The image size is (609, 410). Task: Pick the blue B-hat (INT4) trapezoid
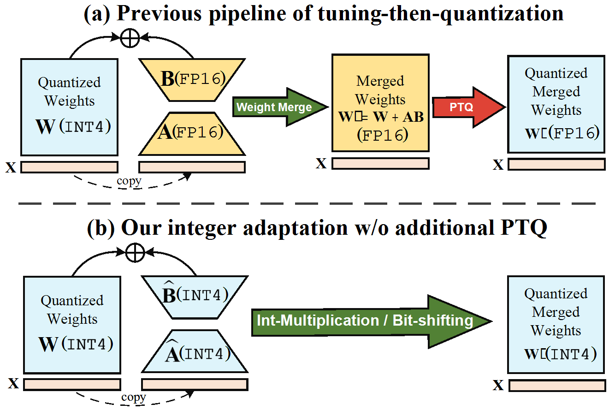(x=195, y=297)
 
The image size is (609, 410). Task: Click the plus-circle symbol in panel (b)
(x=135, y=252)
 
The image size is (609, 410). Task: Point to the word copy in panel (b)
(x=133, y=397)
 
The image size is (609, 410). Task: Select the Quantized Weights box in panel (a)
(x=69, y=107)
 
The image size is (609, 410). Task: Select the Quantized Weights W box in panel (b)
(x=72, y=325)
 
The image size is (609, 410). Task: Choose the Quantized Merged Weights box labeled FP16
(x=556, y=104)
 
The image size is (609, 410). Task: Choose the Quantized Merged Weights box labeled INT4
(x=556, y=324)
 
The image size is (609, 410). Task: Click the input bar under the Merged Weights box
(x=380, y=163)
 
